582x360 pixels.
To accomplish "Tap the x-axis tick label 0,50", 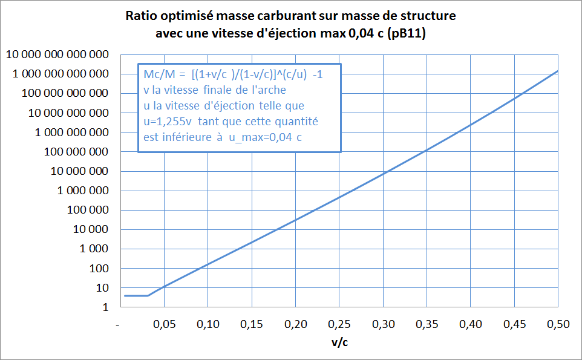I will click(557, 325).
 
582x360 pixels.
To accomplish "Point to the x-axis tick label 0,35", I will click(426, 325).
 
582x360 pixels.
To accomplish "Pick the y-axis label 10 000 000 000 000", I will click(57, 55).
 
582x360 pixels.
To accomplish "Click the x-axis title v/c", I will click(339, 342).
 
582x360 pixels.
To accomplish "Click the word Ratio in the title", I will click(140, 16).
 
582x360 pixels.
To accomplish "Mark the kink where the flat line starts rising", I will click(148, 295).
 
